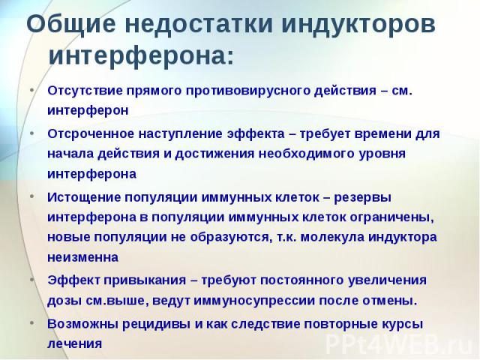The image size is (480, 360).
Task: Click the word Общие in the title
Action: coord(71,25)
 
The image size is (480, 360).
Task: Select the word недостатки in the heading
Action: coord(199,24)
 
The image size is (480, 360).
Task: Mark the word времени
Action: coord(383,134)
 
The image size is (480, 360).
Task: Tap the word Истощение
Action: coord(83,197)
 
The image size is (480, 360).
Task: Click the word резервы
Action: coord(362,198)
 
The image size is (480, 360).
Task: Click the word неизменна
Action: coord(83,258)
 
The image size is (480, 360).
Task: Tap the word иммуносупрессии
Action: coord(254,301)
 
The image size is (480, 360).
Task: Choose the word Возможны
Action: coord(82,324)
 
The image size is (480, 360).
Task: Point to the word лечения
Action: coord(75,344)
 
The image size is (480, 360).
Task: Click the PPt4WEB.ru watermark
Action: coord(400,345)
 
